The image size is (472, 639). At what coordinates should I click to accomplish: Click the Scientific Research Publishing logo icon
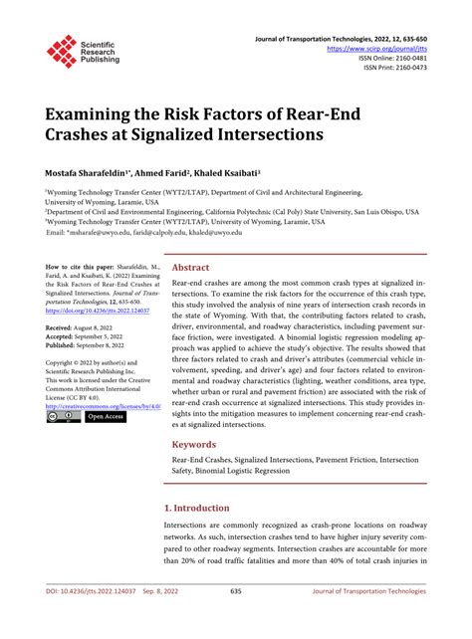[62, 51]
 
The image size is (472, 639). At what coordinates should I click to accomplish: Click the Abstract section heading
[190, 268]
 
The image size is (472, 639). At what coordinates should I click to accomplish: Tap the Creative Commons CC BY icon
[60, 416]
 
